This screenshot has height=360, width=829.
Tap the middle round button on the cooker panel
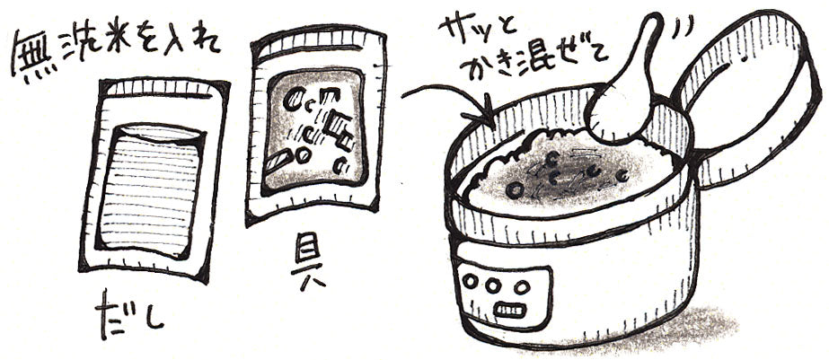pos(493,286)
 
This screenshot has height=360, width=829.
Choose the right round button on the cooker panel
pos(521,287)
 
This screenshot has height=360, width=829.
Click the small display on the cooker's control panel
pos(509,311)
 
